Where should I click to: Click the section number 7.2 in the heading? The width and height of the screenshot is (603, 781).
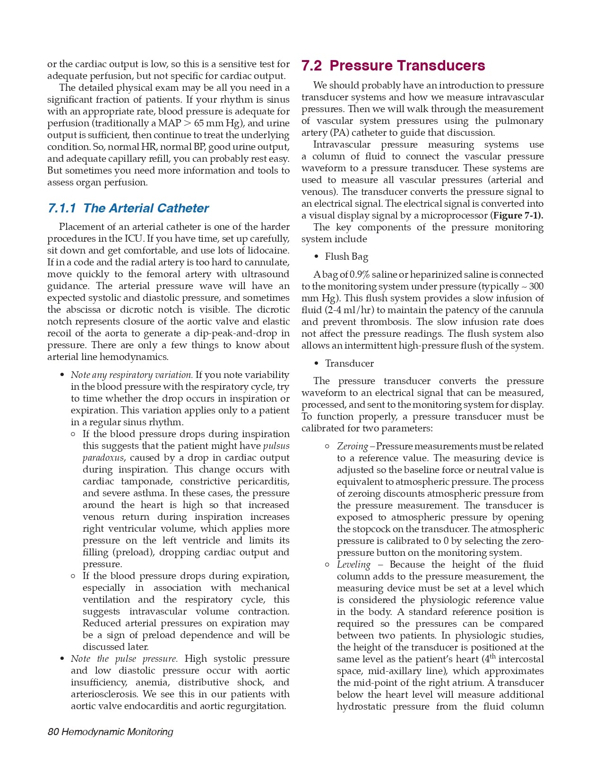point(311,66)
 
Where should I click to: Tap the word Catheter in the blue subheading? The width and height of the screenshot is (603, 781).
point(182,209)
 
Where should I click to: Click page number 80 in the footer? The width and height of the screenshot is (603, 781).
point(53,732)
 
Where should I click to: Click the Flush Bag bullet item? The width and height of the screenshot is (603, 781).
point(346,257)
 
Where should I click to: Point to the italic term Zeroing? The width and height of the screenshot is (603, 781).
point(352,447)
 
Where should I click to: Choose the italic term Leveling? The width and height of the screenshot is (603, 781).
point(353,565)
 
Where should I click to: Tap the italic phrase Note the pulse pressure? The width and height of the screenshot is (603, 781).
point(124,659)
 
